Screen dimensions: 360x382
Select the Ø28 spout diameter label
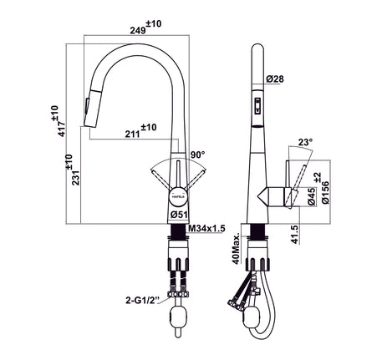(277, 79)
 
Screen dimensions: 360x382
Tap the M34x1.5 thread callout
(206, 227)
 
